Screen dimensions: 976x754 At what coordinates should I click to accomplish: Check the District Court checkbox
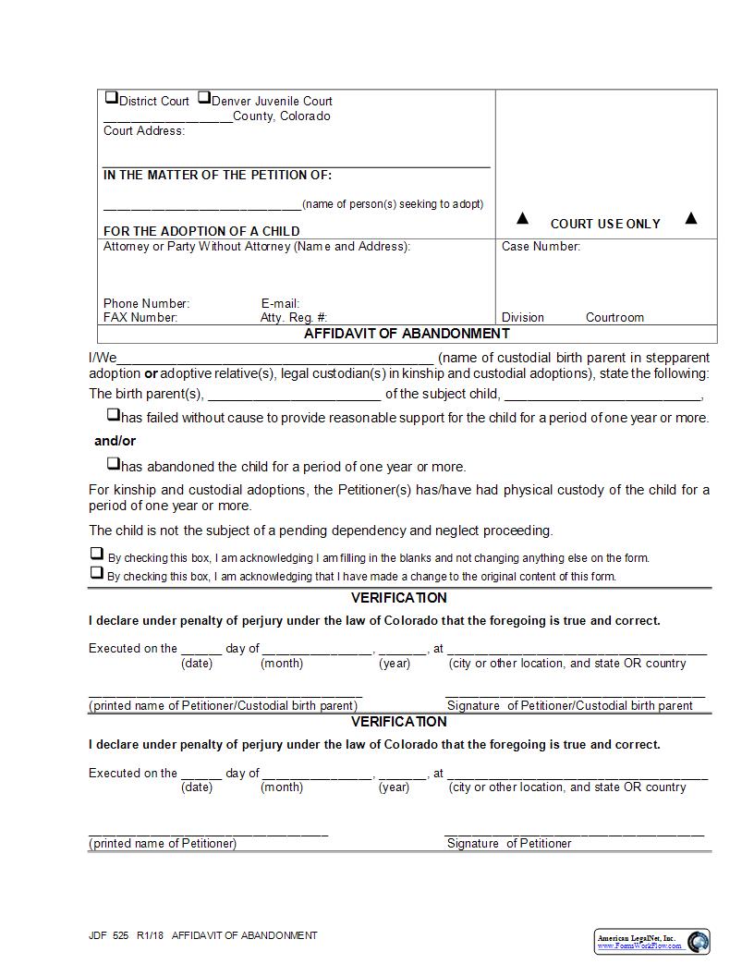point(111,97)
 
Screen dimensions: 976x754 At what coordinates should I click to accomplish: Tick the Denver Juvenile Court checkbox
point(204,97)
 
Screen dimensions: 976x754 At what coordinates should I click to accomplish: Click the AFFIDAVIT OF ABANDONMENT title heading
point(407,334)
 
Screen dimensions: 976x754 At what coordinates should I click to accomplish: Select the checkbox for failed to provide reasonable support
point(113,415)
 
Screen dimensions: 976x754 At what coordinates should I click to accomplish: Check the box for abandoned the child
point(113,464)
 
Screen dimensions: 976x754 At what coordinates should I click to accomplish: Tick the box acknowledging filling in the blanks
point(96,554)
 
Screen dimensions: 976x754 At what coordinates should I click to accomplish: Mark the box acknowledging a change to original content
point(96,572)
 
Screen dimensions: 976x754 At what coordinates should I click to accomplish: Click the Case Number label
point(541,247)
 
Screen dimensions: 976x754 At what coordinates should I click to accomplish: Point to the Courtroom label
point(614,317)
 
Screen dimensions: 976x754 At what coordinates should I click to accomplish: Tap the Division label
point(523,317)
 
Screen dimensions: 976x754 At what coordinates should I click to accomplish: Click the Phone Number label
point(146,303)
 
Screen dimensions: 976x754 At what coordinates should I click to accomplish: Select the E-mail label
point(280,303)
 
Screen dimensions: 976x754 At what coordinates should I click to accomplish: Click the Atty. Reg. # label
point(293,317)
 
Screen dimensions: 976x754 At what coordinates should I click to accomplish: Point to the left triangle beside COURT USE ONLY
point(522,219)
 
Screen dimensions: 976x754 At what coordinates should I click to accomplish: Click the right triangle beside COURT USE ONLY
point(690,219)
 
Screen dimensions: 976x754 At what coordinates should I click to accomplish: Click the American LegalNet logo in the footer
point(651,941)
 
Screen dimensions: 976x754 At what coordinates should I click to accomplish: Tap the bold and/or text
point(115,441)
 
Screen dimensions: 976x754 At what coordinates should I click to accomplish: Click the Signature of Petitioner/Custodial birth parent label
point(569,706)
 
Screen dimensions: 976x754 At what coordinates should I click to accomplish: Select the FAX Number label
point(140,317)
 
